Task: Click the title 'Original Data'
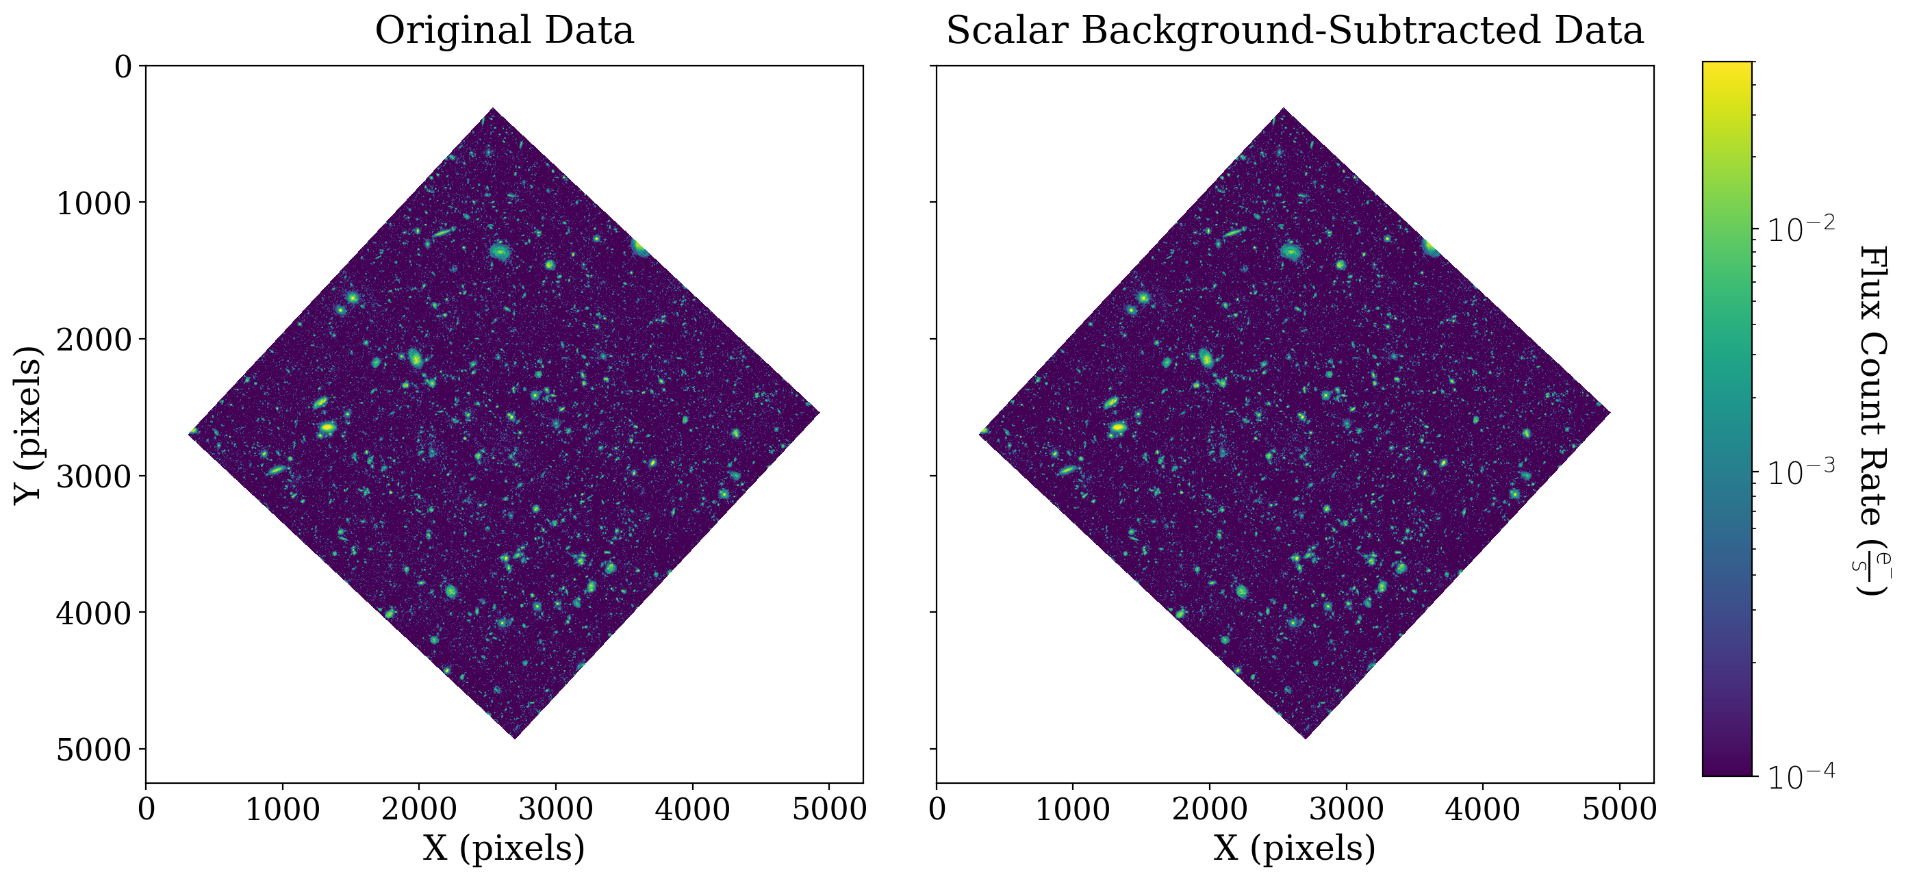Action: tap(504, 31)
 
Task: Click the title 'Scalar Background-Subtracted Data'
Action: tap(1295, 31)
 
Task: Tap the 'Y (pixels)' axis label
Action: tap(28, 424)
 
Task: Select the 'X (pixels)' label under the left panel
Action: tap(504, 847)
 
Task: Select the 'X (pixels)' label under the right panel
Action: tap(1295, 847)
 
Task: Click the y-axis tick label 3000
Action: tap(94, 476)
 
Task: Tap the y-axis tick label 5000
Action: tap(94, 750)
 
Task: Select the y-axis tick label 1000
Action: tap(94, 202)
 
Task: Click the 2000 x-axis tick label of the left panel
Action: tap(419, 809)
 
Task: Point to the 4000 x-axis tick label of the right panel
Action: tap(1483, 809)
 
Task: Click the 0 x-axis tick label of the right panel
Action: tap(937, 809)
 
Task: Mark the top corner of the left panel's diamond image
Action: tap(492, 109)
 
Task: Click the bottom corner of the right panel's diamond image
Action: tap(1305, 737)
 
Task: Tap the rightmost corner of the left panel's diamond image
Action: tap(819, 412)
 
